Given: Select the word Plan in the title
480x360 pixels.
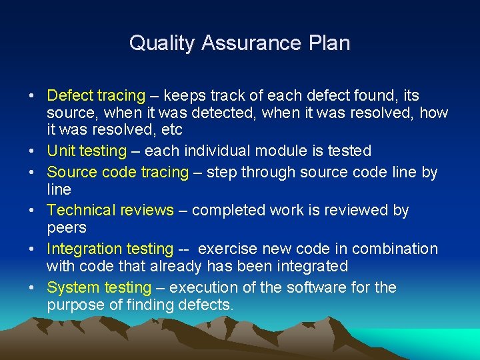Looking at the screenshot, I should [329, 43].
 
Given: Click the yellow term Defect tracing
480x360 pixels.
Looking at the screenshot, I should [96, 96].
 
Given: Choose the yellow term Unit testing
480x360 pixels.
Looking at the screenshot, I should [87, 151].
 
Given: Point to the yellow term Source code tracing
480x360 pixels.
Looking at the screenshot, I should [118, 172].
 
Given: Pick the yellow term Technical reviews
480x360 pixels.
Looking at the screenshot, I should [111, 211].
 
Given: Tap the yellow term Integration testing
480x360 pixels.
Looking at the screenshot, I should [110, 249].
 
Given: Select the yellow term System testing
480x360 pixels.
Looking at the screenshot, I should [99, 288].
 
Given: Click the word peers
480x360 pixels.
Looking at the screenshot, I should [67, 228].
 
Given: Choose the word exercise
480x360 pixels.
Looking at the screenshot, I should [229, 249].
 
